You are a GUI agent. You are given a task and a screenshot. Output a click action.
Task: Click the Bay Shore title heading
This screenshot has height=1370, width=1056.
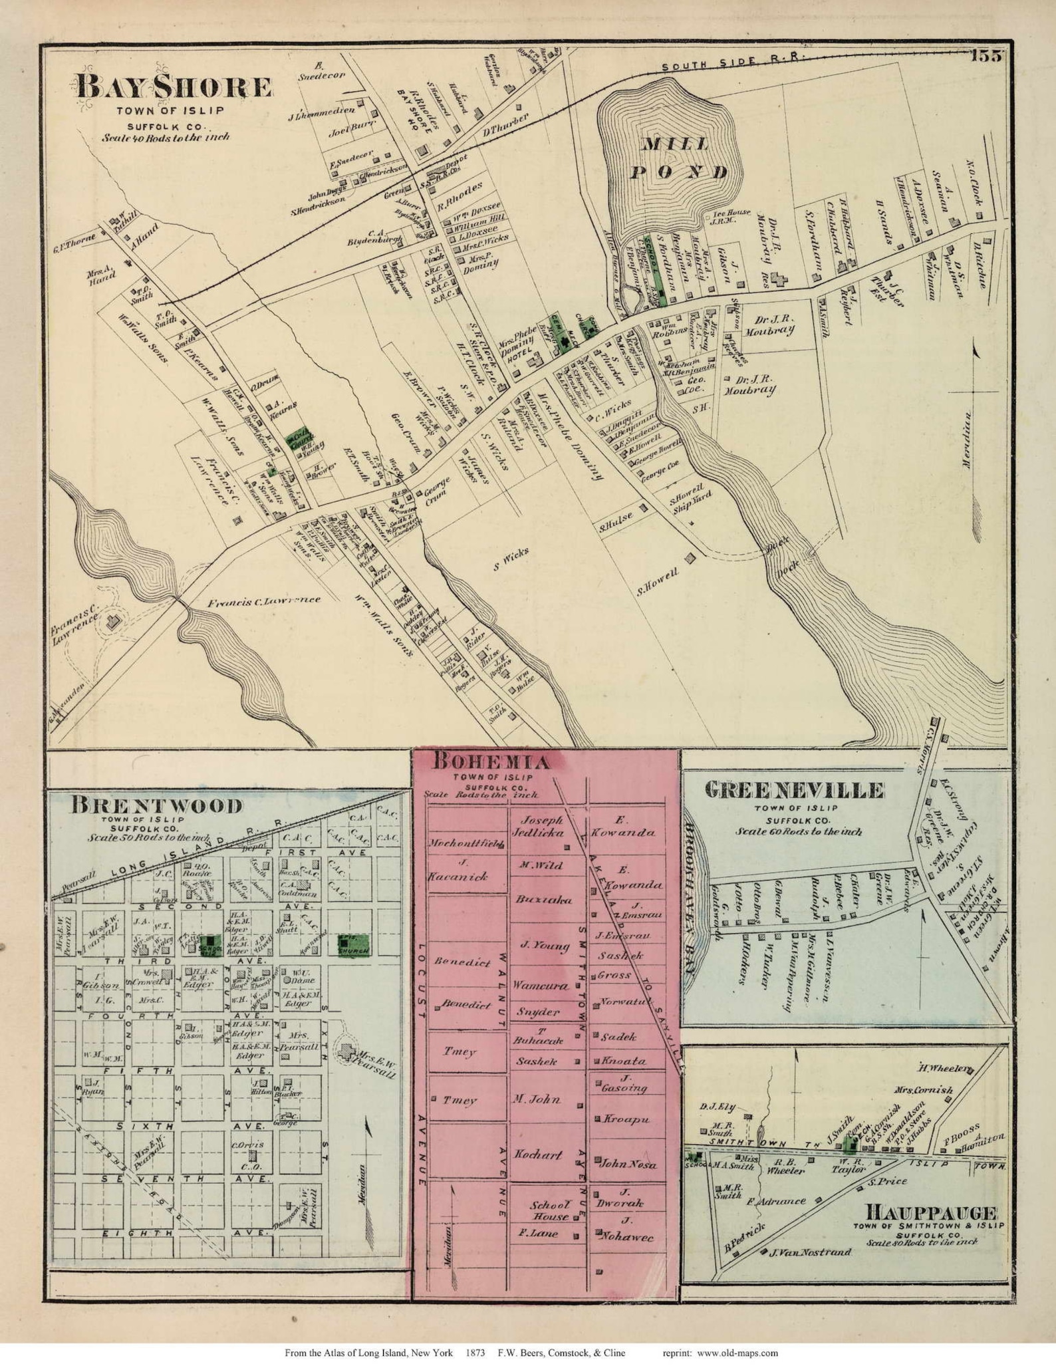174,88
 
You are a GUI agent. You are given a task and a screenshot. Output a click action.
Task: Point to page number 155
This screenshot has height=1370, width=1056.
985,56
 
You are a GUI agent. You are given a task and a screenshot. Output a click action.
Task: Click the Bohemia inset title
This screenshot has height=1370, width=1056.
491,762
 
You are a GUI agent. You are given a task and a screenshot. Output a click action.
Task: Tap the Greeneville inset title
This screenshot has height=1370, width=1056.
794,790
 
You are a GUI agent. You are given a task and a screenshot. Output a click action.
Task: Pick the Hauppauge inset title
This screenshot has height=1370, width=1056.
930,1212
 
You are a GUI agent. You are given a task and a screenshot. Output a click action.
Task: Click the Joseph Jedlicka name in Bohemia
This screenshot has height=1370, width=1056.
537,825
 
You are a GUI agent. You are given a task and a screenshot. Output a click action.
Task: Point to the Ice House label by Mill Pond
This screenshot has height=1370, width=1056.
732,217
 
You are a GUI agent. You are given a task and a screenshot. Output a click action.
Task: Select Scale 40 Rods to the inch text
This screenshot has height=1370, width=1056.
166,138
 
